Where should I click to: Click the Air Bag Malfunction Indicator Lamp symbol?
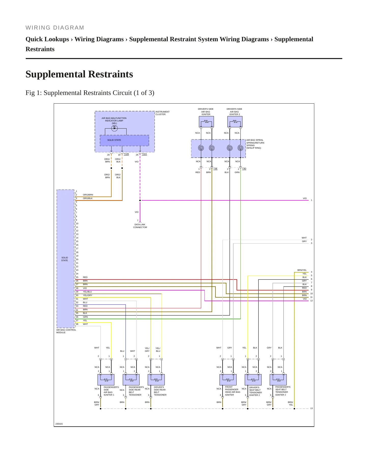click(x=114, y=128)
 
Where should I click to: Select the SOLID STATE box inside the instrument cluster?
click(x=124, y=141)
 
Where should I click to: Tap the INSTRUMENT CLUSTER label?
click(x=162, y=113)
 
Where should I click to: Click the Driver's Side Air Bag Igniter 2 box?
click(x=235, y=122)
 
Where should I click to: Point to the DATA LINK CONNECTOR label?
click(x=140, y=226)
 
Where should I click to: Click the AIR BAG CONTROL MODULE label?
click(x=66, y=331)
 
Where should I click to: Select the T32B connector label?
click(x=126, y=154)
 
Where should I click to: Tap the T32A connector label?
click(x=144, y=154)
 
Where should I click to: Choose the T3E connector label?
click(x=215, y=169)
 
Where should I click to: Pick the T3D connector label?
click(x=244, y=169)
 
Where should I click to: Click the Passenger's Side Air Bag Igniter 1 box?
click(x=106, y=380)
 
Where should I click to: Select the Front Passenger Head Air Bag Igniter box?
click(x=228, y=380)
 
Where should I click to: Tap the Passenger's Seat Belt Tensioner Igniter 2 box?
click(x=278, y=380)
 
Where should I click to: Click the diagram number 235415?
click(x=59, y=424)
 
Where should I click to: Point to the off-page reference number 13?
click(x=311, y=409)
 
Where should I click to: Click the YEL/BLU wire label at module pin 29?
click(x=87, y=292)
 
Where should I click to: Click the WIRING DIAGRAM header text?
click(x=55, y=28)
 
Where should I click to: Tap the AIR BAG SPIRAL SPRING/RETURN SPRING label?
click(x=255, y=144)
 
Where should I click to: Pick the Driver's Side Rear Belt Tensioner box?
click(x=156, y=380)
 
